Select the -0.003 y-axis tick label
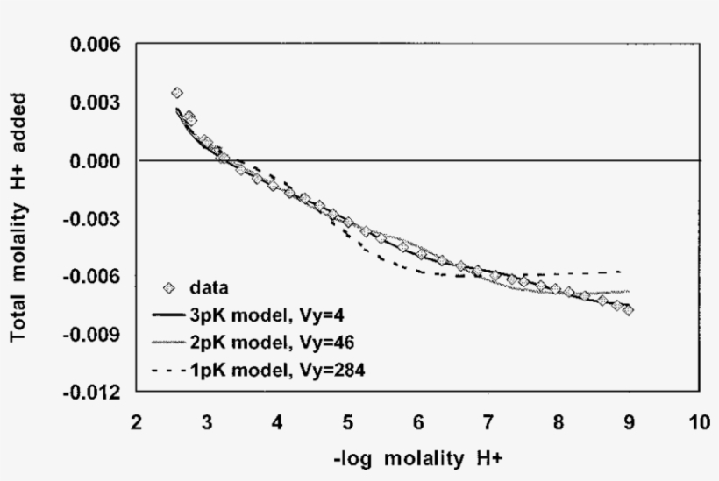coord(92,219)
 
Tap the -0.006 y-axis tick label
coord(92,277)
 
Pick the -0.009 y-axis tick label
coord(92,335)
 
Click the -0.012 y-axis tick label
coord(92,393)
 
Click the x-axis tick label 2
coord(136,423)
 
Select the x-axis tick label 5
coord(347,423)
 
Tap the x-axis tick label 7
coord(488,423)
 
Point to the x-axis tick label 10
coord(699,423)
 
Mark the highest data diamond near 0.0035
coord(177,93)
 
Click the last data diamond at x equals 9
coord(629,310)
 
